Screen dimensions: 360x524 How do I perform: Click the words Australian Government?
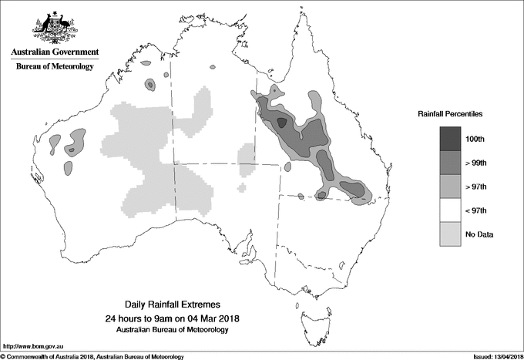[54, 52]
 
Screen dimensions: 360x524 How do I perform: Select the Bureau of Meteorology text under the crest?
[54, 67]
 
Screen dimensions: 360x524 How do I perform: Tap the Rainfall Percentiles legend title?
[450, 114]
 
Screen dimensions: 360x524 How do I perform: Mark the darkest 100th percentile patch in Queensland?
[281, 122]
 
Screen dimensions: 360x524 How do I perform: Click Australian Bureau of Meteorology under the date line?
[173, 330]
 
